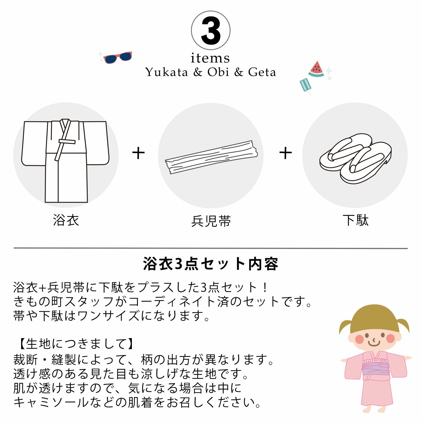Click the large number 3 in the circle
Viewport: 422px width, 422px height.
[x=211, y=31]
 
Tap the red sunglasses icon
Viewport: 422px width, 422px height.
[x=118, y=57]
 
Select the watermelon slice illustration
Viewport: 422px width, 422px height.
[x=316, y=69]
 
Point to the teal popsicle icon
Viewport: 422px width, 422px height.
[x=305, y=86]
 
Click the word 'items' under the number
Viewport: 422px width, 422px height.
[x=210, y=58]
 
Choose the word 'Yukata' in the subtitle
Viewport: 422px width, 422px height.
[x=166, y=72]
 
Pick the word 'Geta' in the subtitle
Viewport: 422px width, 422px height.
[x=262, y=72]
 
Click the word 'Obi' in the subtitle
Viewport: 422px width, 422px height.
[x=218, y=72]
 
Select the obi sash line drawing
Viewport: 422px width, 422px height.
[x=211, y=157]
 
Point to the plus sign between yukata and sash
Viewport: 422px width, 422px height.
[x=138, y=153]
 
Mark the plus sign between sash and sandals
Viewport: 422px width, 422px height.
[x=286, y=153]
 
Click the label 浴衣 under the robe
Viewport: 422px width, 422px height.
[x=66, y=220]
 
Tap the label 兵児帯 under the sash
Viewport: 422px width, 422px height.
[x=211, y=221]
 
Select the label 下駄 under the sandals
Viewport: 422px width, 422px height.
[x=356, y=220]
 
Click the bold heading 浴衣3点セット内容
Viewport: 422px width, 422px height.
[x=211, y=264]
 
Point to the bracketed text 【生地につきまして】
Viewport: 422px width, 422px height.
[x=76, y=344]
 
